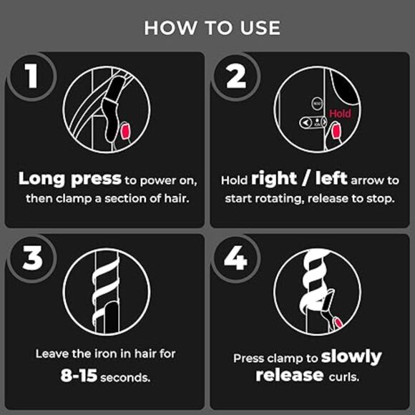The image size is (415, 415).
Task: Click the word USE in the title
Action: [x=260, y=28]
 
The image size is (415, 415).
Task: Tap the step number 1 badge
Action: [x=32, y=77]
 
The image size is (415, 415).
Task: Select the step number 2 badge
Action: [x=236, y=77]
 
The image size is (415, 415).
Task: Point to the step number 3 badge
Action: [x=32, y=258]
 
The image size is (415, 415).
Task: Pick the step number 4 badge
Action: [x=236, y=258]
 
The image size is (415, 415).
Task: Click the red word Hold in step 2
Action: [x=341, y=114]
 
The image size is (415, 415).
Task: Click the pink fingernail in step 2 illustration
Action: [x=336, y=131]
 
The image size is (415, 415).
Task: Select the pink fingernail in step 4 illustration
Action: [x=338, y=323]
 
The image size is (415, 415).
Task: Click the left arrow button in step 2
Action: [x=306, y=122]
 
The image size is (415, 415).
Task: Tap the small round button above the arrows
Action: [x=317, y=104]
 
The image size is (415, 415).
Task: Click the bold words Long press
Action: [x=70, y=179]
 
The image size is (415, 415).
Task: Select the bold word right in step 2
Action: [x=273, y=179]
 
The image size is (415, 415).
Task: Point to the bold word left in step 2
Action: [x=331, y=178]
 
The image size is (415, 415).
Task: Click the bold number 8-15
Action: [x=79, y=376]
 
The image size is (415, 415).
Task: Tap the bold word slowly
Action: [x=351, y=357]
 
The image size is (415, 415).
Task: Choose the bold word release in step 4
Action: [x=290, y=376]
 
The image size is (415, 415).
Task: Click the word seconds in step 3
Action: [x=125, y=378]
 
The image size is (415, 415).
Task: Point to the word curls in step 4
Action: [x=344, y=376]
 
